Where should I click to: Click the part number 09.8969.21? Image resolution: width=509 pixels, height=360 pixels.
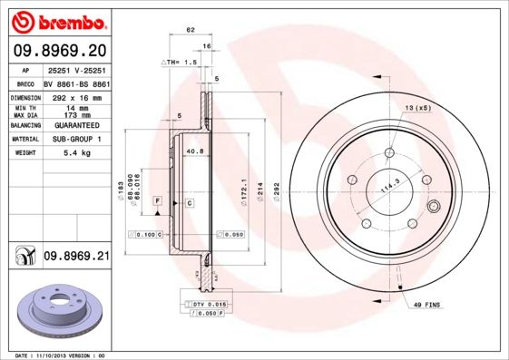[76, 257]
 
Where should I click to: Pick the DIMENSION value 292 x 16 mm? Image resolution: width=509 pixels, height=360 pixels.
[76, 96]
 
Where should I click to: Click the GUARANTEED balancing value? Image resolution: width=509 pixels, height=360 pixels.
[76, 125]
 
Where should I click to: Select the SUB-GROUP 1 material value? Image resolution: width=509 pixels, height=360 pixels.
[76, 139]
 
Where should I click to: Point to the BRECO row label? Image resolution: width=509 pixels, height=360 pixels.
[26, 83]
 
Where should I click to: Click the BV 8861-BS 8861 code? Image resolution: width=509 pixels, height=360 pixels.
[76, 83]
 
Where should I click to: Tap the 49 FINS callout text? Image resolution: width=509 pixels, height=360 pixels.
[425, 306]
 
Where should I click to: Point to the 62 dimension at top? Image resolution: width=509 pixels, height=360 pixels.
[191, 30]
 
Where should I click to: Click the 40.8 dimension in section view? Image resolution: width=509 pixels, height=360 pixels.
[193, 151]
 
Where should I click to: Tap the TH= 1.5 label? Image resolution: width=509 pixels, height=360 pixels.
[181, 62]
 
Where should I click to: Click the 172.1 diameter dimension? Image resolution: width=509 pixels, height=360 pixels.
[241, 188]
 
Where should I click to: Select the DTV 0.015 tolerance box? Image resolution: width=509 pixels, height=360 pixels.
[209, 303]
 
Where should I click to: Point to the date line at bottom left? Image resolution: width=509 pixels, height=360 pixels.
[61, 355]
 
